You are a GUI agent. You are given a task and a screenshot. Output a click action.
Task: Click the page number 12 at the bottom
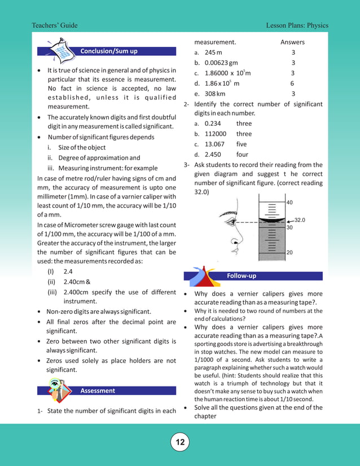click(180, 442)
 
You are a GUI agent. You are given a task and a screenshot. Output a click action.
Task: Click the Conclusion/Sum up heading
click(109, 51)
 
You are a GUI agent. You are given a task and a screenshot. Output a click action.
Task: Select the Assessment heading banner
click(98, 390)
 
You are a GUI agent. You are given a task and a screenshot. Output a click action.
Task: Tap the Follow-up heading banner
click(241, 276)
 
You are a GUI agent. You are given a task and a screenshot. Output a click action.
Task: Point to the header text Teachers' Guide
click(55, 26)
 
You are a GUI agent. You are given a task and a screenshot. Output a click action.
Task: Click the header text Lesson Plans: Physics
click(297, 26)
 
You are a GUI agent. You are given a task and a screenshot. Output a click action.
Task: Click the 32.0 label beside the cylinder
click(300, 220)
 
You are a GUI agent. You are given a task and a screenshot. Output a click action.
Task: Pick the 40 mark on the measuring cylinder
click(289, 203)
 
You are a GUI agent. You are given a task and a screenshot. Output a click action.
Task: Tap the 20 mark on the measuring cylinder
click(289, 253)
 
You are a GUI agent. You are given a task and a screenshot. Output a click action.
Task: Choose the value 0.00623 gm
click(221, 63)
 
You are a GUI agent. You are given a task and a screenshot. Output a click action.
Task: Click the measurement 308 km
click(215, 94)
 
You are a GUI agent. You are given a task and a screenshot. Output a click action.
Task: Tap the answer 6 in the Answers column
click(292, 83)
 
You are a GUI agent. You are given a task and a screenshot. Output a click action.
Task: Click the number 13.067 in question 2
click(215, 144)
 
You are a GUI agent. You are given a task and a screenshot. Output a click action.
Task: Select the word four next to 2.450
click(242, 155)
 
